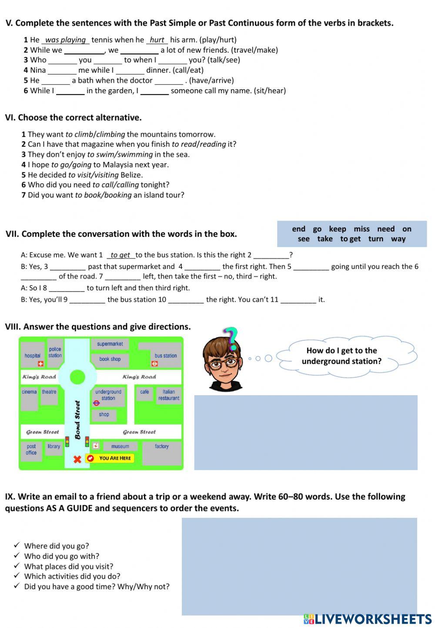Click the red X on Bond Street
(x=77, y=459)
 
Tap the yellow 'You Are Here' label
(x=114, y=458)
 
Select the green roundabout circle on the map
(x=77, y=377)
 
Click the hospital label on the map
(x=32, y=356)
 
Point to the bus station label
(x=166, y=356)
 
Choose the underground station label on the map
(x=108, y=395)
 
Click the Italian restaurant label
(x=168, y=395)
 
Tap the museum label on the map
(x=120, y=446)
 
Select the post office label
(x=31, y=449)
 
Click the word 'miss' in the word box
(x=361, y=229)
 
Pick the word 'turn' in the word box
(x=376, y=238)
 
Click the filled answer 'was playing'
(x=66, y=40)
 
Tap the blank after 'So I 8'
(x=67, y=288)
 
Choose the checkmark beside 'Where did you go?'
(x=17, y=545)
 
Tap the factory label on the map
(x=161, y=446)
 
